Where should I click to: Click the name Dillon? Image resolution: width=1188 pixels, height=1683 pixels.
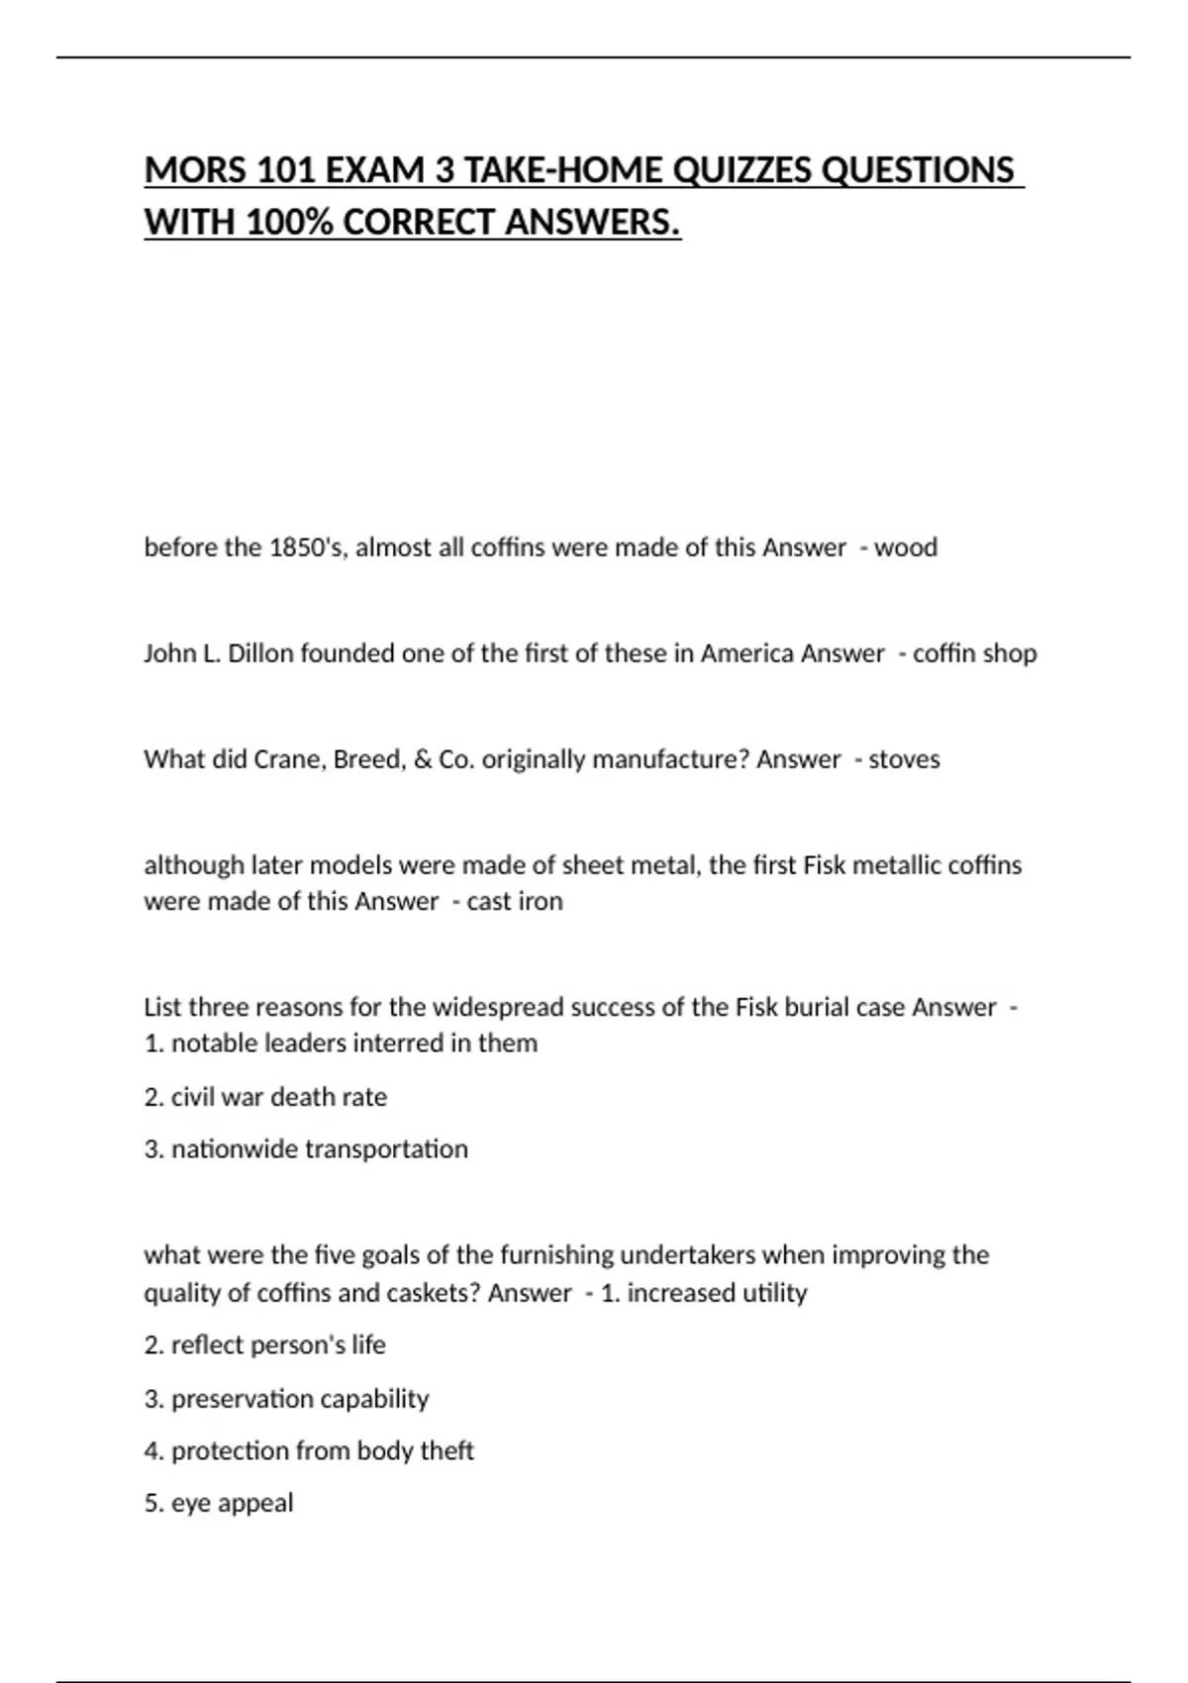click(x=260, y=653)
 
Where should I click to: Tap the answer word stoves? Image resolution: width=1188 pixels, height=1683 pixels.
click(x=904, y=759)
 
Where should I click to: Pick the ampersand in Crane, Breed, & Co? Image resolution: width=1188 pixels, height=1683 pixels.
click(x=422, y=759)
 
